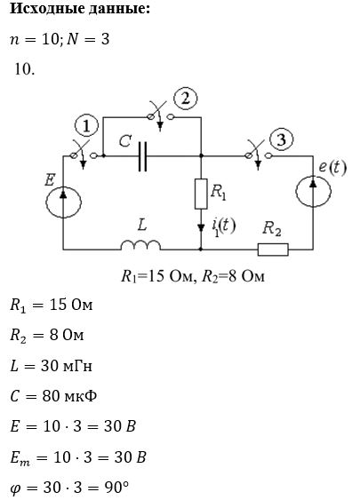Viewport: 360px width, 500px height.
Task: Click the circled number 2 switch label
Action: point(186,99)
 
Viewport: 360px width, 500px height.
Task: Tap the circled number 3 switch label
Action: point(281,139)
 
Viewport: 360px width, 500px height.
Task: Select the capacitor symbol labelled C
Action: point(142,156)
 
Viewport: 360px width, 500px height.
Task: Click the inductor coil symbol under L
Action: point(140,245)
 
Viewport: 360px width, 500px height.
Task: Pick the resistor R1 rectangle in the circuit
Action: point(201,194)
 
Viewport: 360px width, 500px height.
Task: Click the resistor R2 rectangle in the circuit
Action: point(273,250)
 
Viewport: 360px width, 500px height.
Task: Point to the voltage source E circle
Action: point(63,202)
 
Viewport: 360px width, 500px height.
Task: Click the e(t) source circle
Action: point(313,191)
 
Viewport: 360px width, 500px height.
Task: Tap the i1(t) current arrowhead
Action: point(201,227)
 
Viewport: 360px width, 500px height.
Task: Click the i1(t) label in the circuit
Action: point(223,226)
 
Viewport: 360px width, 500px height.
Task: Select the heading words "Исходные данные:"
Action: point(80,9)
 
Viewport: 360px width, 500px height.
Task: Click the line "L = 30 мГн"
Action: point(51,366)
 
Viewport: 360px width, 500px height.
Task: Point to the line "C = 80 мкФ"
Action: point(53,396)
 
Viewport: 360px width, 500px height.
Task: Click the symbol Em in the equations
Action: point(20,458)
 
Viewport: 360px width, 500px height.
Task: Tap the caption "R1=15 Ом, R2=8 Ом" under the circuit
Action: point(193,276)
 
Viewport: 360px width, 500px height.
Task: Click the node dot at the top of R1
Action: point(201,156)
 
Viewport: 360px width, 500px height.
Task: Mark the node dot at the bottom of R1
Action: point(201,249)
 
